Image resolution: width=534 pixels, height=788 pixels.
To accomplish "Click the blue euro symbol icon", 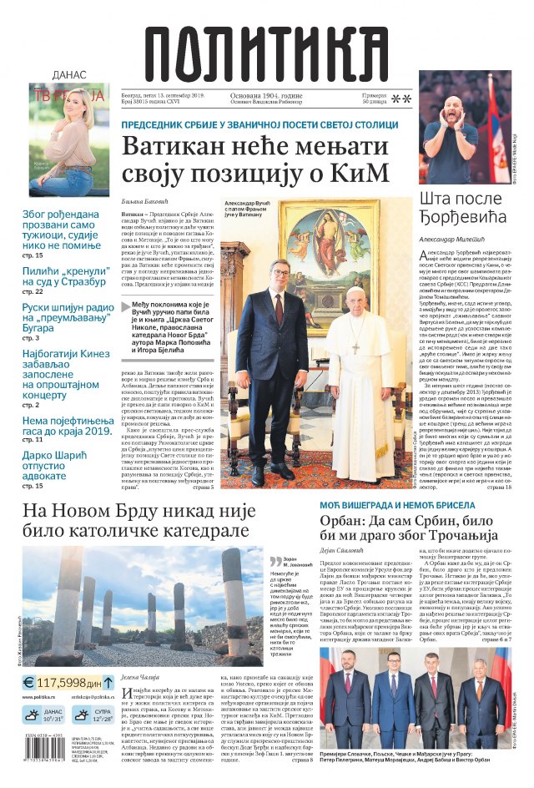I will pyautogui.click(x=28, y=682).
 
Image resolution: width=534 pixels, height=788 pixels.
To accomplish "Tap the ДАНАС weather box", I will pyautogui.click(x=43, y=715).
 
